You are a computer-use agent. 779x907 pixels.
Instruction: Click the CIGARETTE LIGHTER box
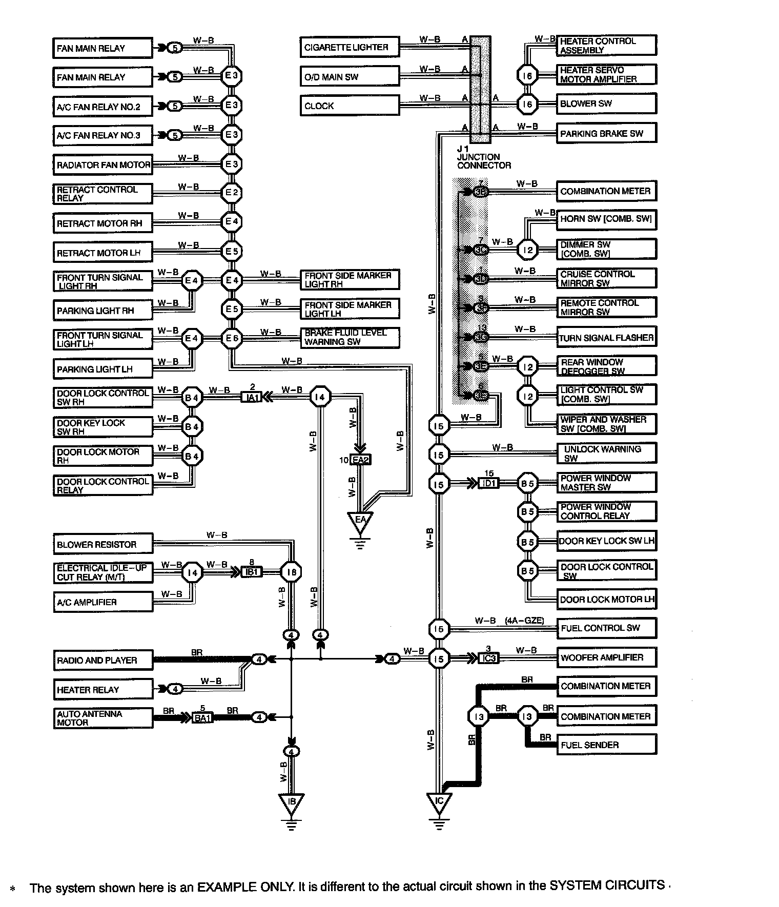[x=349, y=47]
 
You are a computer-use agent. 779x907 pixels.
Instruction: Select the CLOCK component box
[x=349, y=106]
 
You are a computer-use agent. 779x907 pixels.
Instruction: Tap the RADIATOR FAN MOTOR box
[x=103, y=165]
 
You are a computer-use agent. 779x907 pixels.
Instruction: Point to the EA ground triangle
[x=360, y=521]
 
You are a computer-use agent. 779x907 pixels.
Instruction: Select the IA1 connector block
[x=252, y=397]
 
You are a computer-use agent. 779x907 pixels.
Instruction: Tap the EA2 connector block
[x=361, y=460]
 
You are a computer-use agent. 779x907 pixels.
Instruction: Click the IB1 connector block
[x=252, y=572]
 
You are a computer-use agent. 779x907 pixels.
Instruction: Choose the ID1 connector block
[x=488, y=483]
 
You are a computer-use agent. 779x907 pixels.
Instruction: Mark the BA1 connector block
[x=202, y=718]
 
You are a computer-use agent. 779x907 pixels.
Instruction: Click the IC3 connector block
[x=488, y=658]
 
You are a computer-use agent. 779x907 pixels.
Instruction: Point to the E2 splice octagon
[x=232, y=193]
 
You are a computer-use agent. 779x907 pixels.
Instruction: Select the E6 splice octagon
[x=232, y=338]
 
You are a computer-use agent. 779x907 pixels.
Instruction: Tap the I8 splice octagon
[x=291, y=572]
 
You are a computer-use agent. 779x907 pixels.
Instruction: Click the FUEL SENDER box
[x=606, y=745]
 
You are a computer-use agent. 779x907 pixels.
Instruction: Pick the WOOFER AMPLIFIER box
[x=606, y=657]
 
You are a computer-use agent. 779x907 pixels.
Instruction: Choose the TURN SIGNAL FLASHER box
[x=606, y=338]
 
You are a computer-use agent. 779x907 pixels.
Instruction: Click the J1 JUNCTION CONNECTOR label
[x=484, y=157]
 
